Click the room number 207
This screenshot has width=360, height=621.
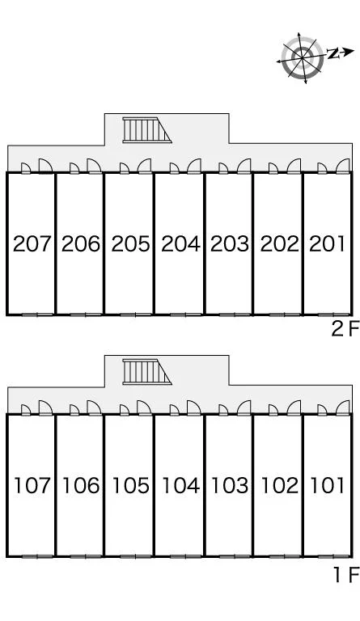(x=32, y=243)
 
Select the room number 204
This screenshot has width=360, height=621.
(x=180, y=243)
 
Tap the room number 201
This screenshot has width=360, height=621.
(x=327, y=243)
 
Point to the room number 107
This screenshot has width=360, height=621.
(x=32, y=485)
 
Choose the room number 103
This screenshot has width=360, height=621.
(x=230, y=485)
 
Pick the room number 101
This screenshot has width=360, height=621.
(x=327, y=485)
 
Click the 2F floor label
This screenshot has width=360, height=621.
(x=345, y=329)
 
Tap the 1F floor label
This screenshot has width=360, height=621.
(x=346, y=575)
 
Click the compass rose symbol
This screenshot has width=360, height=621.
(x=303, y=58)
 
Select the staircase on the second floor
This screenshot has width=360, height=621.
(x=146, y=129)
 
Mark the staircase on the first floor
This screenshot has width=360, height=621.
(x=146, y=371)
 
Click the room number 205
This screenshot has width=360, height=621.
(x=131, y=243)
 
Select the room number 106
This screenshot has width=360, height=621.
(x=81, y=485)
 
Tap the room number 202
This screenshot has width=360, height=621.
(x=279, y=243)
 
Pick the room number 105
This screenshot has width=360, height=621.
(x=131, y=485)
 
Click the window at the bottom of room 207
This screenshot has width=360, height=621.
(x=38, y=315)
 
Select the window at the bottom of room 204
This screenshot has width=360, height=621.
(x=186, y=315)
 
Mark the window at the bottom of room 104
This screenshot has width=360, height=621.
(x=186, y=556)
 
